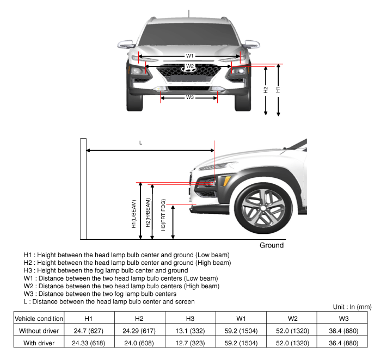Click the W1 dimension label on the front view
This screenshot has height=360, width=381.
tap(189, 56)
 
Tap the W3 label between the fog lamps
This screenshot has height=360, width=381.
tap(190, 97)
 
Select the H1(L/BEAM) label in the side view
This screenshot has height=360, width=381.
tap(134, 214)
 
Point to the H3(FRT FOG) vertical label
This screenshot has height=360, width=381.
tap(163, 215)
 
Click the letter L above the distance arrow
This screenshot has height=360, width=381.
tap(140, 142)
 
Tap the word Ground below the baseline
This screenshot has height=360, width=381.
tap(272, 245)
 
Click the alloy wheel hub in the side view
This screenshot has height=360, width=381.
tap(263, 208)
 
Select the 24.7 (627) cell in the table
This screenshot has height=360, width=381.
tap(88, 331)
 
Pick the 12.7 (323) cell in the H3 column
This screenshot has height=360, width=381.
tap(190, 343)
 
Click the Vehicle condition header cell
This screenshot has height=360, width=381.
tap(39, 319)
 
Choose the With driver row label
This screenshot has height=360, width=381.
tap(39, 343)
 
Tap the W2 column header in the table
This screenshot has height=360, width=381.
tap(292, 319)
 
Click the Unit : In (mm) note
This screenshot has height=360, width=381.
tap(352, 307)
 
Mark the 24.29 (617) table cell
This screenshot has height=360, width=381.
tap(139, 331)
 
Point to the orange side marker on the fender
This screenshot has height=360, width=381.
tap(226, 181)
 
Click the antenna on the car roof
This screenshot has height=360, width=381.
tap(189, 14)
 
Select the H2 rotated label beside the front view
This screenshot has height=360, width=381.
tap(266, 90)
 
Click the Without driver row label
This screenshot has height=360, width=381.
tap(39, 331)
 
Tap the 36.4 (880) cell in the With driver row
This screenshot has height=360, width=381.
tap(343, 343)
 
